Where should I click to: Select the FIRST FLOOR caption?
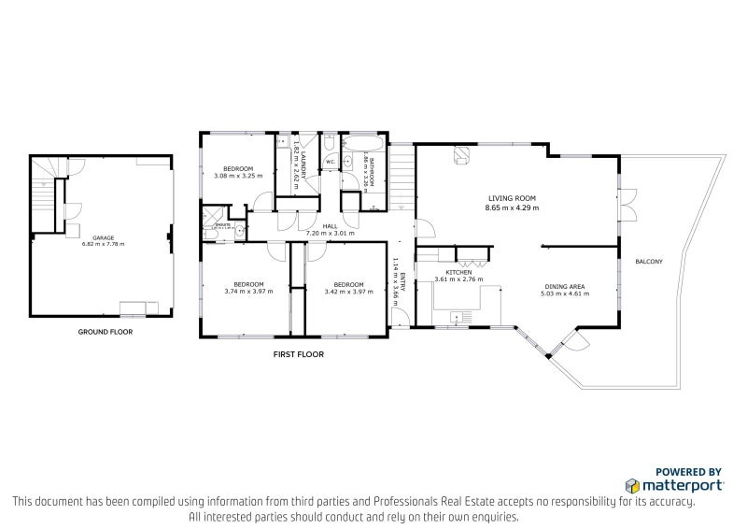(x=298, y=354)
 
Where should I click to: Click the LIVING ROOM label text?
(x=512, y=198)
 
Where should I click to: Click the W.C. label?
(x=331, y=163)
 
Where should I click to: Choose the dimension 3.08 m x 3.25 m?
(x=237, y=176)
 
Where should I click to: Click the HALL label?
(x=330, y=225)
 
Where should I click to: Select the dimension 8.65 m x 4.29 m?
(x=512, y=207)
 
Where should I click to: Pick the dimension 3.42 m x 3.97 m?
(x=347, y=292)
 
